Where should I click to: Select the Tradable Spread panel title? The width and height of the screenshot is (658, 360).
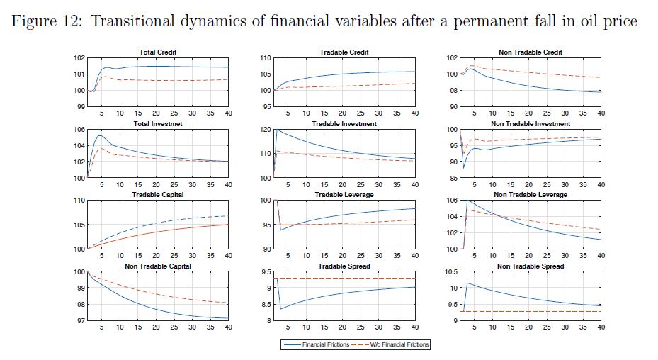[x=344, y=266]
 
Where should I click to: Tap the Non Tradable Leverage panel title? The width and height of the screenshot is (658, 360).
[x=531, y=195]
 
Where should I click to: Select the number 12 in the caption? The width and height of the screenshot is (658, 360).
[x=75, y=21]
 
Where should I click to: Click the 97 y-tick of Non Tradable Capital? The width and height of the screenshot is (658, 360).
[x=79, y=320]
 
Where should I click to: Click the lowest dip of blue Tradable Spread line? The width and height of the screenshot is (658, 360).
[x=281, y=308]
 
